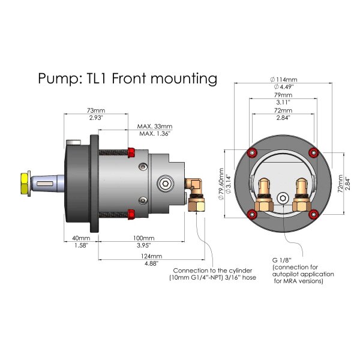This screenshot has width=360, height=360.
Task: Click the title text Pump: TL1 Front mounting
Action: pos(127,78)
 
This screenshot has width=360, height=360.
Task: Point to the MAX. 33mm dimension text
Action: pos(154,127)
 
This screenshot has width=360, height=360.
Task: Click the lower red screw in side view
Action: pos(131,214)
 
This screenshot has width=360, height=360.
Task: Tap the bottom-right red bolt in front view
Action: pos(312,214)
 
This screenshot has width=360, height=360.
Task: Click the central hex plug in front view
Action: pos(282,197)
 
